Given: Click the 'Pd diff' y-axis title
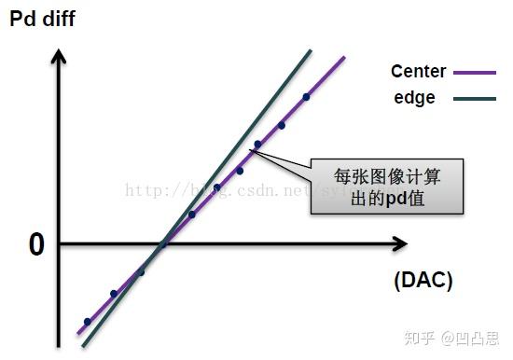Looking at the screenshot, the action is [42, 19].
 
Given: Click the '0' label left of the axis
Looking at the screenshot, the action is [36, 245].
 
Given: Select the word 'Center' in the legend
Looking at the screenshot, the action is [419, 72].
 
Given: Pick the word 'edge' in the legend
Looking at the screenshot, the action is [412, 97].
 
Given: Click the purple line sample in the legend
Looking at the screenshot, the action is [476, 72].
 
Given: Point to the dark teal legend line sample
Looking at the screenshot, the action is [476, 98].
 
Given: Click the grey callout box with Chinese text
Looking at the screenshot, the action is [386, 186].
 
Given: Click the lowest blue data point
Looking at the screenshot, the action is [88, 322].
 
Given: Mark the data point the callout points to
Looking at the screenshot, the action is [257, 145].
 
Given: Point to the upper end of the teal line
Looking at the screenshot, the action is [309, 49].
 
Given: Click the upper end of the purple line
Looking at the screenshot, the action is [344, 58].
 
